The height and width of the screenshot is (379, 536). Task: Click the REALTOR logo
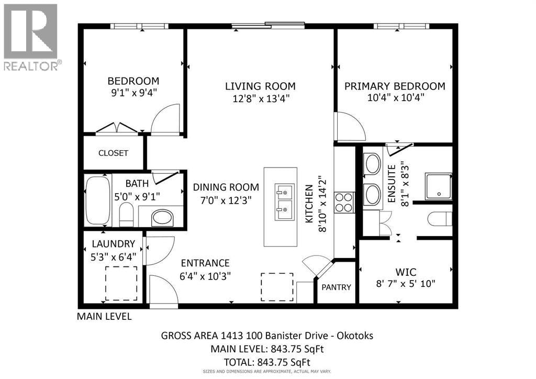[32, 37]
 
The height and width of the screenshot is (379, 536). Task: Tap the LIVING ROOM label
[260, 86]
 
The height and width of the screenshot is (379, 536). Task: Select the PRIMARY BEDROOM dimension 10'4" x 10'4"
[396, 98]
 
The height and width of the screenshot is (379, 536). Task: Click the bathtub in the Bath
[98, 200]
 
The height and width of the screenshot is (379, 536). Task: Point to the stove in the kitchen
[344, 203]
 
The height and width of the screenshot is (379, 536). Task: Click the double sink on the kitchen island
[284, 202]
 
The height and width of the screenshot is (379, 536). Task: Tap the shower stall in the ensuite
[438, 186]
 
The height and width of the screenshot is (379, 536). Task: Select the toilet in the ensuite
[440, 219]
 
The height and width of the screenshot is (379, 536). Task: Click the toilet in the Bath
[126, 214]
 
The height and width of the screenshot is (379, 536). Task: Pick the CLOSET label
[113, 153]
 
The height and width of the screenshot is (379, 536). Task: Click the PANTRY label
[337, 287]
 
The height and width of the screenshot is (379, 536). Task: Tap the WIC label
[406, 272]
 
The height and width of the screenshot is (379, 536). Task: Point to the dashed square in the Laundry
[121, 283]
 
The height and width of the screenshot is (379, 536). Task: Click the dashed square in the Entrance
[277, 287]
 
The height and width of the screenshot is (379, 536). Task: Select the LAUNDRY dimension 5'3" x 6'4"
[114, 257]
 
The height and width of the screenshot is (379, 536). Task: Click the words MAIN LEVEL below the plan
[104, 317]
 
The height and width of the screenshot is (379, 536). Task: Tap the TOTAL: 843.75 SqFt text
[267, 362]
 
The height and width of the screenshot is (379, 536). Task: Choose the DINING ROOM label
[226, 187]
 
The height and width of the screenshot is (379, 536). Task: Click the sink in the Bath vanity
[162, 218]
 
